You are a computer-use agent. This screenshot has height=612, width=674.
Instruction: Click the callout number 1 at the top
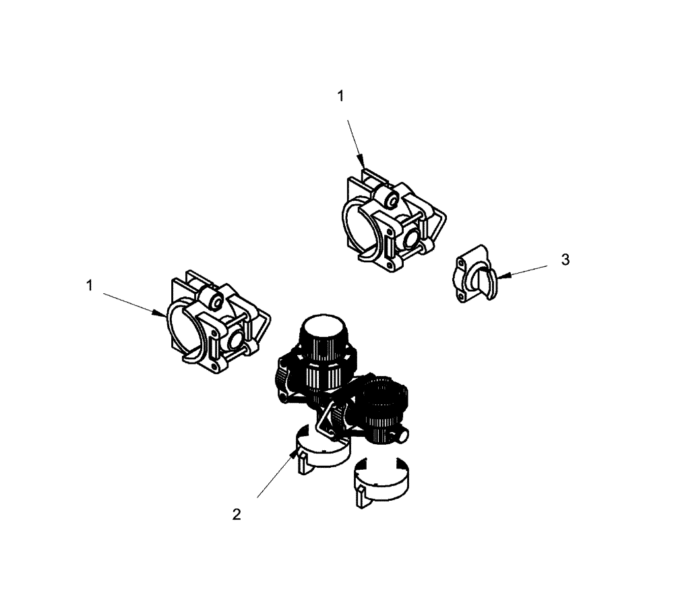[x=340, y=96]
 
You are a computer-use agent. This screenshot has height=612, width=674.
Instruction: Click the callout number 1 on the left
[x=88, y=286]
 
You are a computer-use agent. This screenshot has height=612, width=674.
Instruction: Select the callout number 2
[x=236, y=514]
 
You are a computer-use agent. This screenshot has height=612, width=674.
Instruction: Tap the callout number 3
[x=565, y=259]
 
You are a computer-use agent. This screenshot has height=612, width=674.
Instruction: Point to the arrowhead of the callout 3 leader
[x=498, y=276]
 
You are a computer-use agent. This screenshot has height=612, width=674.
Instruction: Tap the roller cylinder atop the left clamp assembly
[x=211, y=301]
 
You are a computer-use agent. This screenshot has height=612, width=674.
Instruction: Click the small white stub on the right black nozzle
[x=402, y=436]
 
